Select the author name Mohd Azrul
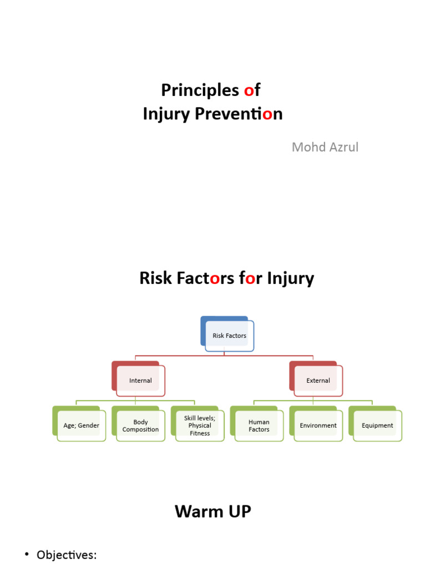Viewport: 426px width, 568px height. (x=325, y=147)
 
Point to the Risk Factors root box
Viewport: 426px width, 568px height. (x=229, y=336)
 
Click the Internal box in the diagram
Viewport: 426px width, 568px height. (x=140, y=381)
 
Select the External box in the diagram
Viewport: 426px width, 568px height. (x=318, y=381)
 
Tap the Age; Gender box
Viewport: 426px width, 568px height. (x=81, y=425)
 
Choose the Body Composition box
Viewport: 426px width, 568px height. (x=140, y=425)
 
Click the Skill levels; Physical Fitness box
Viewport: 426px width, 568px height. (x=200, y=425)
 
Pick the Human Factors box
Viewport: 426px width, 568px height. (x=258, y=425)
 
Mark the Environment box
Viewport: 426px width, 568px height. (x=318, y=425)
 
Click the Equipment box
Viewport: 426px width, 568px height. (x=377, y=425)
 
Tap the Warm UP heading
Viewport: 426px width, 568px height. (x=213, y=511)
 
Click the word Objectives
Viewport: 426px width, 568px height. (x=67, y=555)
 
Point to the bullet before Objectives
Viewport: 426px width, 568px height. (x=27, y=555)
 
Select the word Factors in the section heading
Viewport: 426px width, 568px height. (x=205, y=278)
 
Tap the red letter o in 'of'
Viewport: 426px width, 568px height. (x=248, y=90)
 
